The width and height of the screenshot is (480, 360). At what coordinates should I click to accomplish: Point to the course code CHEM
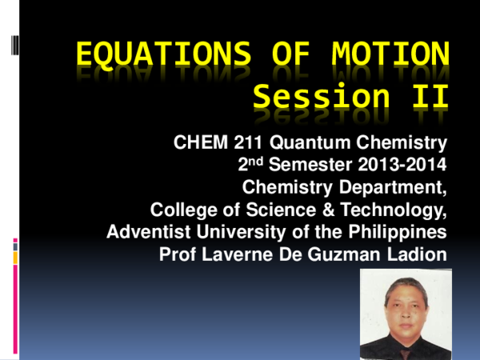click(x=197, y=144)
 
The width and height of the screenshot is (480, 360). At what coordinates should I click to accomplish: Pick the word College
click(x=181, y=211)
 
